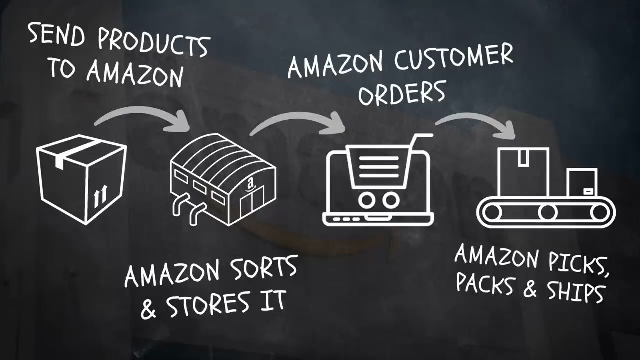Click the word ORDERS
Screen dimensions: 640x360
tap(402, 93)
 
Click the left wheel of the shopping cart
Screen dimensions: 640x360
tap(367, 200)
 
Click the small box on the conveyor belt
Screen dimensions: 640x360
tap(582, 183)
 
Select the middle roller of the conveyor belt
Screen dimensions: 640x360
tap(547, 213)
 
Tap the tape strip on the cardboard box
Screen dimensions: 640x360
tap(75, 154)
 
